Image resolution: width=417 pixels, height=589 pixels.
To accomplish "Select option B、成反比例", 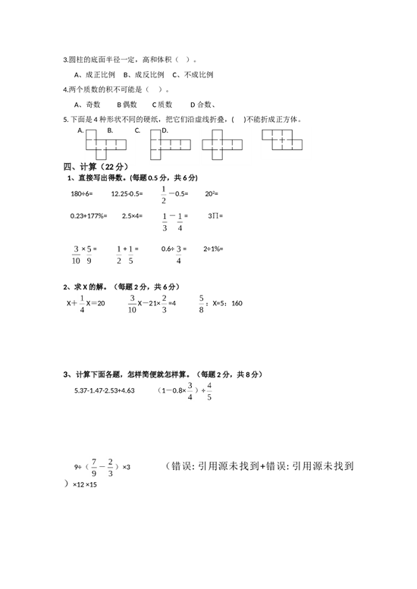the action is tap(144, 75).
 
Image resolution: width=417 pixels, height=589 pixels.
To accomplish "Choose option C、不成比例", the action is tap(193, 75).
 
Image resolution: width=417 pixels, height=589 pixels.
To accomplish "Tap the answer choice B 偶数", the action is tap(127, 105).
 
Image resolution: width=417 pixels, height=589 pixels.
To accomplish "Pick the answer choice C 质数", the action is tap(162, 105).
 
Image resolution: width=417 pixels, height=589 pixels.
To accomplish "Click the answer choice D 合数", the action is tap(202, 105).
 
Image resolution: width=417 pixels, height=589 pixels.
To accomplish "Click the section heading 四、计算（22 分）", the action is tap(96, 167).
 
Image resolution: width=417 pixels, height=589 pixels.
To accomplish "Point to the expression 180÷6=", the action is tap(82, 194).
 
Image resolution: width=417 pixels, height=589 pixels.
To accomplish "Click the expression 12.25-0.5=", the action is tap(127, 194).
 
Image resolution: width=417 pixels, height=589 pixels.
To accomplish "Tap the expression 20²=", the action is tap(212, 194).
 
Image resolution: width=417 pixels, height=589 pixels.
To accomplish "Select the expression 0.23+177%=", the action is tap(89, 216).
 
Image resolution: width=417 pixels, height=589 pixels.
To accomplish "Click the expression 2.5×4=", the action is tap(132, 216).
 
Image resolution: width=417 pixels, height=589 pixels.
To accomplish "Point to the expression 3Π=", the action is tap(215, 216).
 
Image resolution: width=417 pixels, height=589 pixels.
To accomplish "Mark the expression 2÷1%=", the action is tap(213, 249).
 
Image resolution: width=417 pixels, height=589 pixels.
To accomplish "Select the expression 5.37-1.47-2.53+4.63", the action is tap(105, 390).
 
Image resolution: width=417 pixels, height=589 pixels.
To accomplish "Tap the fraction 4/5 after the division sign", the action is tap(209, 391).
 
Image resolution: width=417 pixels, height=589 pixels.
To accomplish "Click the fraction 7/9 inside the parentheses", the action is tap(94, 468).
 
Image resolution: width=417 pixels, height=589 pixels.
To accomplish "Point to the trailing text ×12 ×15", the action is tap(85, 484).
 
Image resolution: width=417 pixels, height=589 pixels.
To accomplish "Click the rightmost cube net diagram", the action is tap(282, 139).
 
